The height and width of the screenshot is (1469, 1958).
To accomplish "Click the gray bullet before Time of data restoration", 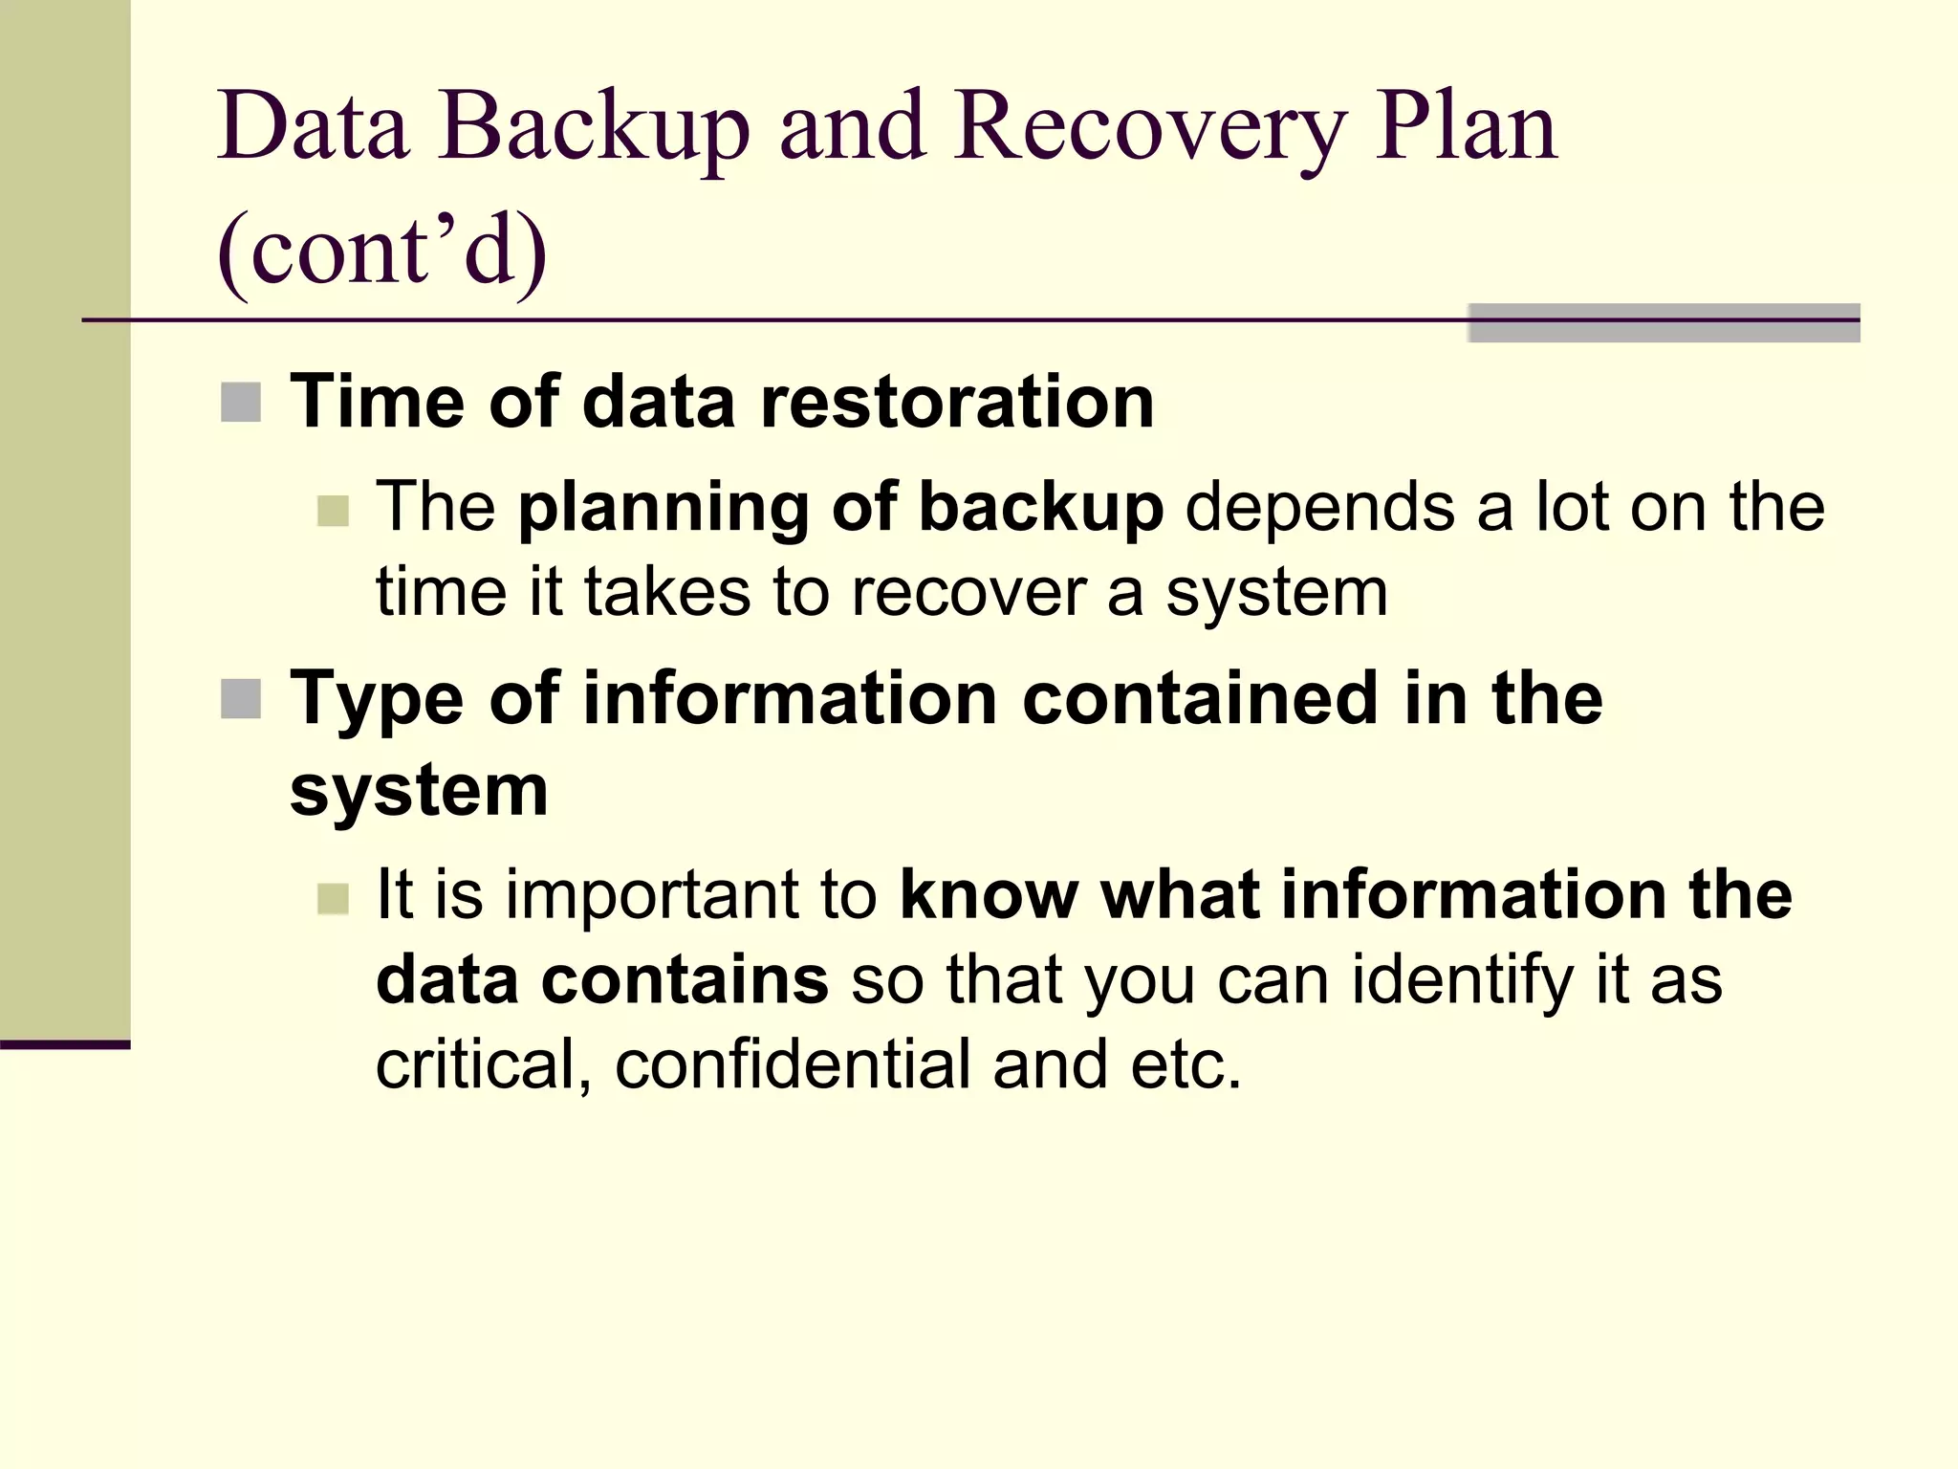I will [241, 403].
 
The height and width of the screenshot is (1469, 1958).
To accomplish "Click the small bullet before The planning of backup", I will [333, 511].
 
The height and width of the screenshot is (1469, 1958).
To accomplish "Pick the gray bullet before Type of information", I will [241, 699].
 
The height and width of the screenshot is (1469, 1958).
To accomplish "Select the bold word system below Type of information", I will [419, 792].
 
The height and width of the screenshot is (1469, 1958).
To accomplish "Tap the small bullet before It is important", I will [333, 899].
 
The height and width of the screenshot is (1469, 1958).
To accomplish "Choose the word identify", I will [1462, 981].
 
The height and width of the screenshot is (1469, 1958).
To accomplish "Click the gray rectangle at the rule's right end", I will [1664, 323].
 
